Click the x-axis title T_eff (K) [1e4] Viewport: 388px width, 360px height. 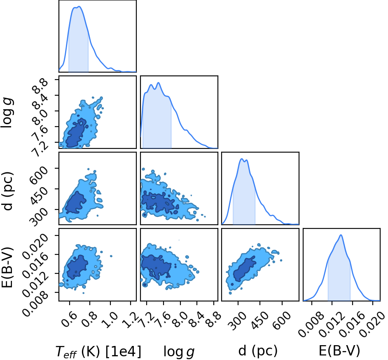tap(98, 351)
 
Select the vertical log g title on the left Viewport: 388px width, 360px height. tap(7, 113)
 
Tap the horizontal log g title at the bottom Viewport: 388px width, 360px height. tap(179, 352)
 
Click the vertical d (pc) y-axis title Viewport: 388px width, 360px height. tap(7, 190)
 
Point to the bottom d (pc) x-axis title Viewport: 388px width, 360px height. tap(258, 351)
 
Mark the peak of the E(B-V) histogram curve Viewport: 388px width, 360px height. tap(341, 235)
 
